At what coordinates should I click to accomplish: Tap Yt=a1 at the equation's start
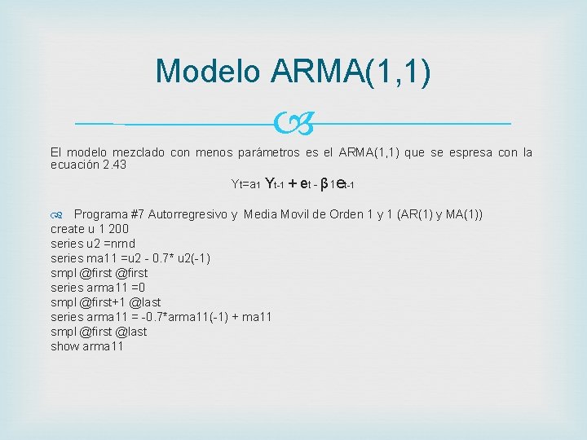[x=245, y=185]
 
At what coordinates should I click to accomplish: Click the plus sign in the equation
[x=293, y=184]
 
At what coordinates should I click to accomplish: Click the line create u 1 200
[x=90, y=229]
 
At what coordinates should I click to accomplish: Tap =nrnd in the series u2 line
[x=120, y=244]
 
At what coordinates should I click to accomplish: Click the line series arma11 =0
[x=97, y=288]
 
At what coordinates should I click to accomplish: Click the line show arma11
[x=87, y=346]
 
